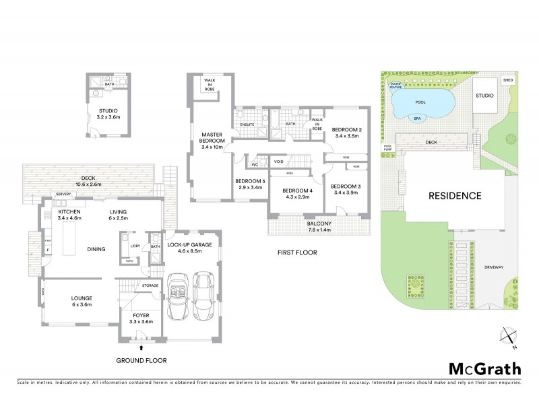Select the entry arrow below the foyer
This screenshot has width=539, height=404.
pos(141,347)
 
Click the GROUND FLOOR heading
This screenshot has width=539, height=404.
pos(141,361)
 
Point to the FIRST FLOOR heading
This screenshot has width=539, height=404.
pos(297,252)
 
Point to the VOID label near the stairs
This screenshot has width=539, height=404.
pos(278,162)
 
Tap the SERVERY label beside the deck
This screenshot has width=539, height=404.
pos(64,195)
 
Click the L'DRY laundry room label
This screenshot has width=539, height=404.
pos(134,246)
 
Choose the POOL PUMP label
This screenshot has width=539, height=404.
pos(387,147)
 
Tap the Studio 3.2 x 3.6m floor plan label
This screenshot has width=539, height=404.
pos(108,114)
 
